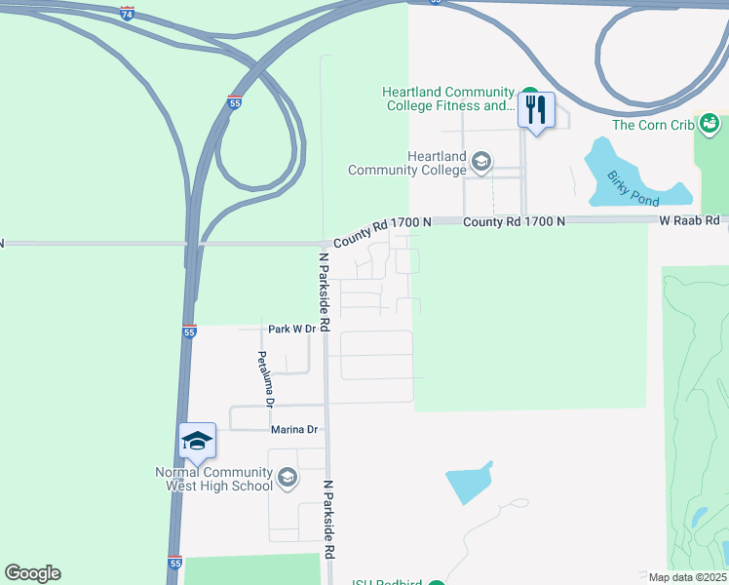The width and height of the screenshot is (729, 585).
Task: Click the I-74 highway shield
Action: click(x=128, y=14)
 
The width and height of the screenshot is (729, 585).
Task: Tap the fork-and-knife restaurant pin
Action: click(x=536, y=110)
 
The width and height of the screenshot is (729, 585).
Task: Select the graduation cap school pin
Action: click(x=197, y=442)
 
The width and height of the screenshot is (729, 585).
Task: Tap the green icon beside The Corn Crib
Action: click(x=710, y=124)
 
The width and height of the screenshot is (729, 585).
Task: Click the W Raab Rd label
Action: click(x=689, y=221)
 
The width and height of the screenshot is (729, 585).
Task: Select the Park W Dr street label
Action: click(x=292, y=330)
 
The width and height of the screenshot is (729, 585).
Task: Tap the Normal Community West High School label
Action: click(x=213, y=479)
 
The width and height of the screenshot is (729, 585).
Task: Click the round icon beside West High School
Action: click(x=287, y=478)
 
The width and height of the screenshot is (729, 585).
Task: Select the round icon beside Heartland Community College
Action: click(x=480, y=161)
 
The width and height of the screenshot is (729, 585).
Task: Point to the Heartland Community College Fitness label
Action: click(x=449, y=99)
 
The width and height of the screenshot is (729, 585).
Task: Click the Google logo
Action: click(x=32, y=573)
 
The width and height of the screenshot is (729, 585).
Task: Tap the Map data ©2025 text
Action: click(x=687, y=577)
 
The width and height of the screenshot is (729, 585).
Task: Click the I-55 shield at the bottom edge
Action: click(x=173, y=564)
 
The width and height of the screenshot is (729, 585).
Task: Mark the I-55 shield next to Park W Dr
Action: click(x=189, y=331)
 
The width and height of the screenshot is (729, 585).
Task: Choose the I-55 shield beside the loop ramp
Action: click(x=234, y=101)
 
